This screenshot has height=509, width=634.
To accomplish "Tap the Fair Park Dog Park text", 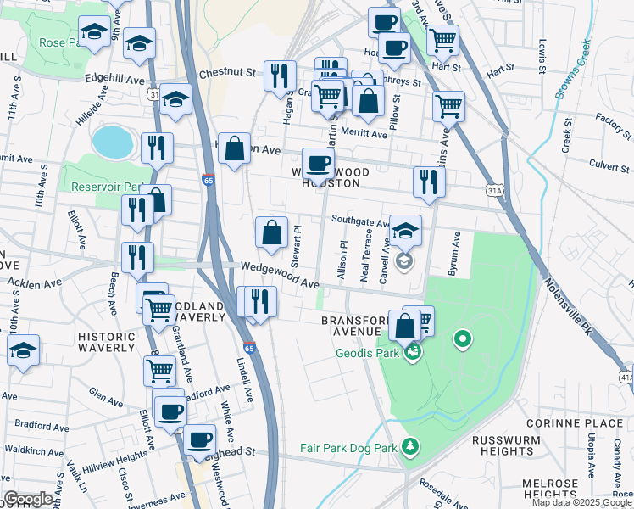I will pos(348,447).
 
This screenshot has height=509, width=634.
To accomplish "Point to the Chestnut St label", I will pos(227,74).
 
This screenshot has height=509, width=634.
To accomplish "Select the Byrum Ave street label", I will pos(455,253).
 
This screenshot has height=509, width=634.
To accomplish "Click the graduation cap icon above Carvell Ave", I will pos(405,230).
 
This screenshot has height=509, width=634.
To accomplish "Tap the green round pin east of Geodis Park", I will pos(462,341).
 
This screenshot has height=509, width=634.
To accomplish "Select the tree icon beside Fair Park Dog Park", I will pos(410,446).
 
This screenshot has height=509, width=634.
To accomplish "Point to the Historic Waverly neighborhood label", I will pos(107,342).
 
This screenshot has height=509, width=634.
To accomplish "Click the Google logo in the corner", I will pos(28,499).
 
